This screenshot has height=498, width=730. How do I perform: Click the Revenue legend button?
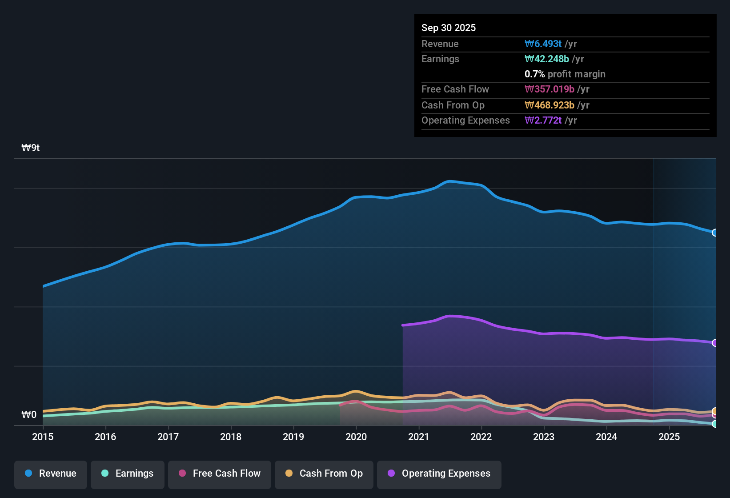coord(51,474)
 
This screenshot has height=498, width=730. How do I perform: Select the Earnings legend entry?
coord(128,474)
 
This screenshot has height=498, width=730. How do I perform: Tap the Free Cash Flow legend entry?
coord(220,474)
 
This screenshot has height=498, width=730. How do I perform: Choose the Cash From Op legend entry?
coord(324,474)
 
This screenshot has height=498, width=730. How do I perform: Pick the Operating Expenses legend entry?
coord(439,474)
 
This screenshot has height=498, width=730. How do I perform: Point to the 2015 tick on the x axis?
coord(43,437)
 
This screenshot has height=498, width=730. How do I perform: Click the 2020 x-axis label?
coord(356,437)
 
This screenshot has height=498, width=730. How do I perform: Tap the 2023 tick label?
coord(544,437)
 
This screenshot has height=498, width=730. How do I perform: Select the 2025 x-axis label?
coord(669,437)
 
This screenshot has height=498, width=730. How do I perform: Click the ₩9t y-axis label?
coord(31,148)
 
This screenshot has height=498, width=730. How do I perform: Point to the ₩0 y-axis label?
coord(29,415)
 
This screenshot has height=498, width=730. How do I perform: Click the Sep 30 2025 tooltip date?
coord(449,28)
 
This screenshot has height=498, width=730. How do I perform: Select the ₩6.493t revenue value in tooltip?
coord(543,44)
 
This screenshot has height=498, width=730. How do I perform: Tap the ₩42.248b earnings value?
coord(547,59)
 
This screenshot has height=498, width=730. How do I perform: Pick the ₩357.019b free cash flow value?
coord(550,89)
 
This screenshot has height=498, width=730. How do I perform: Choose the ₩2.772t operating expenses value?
coord(543,120)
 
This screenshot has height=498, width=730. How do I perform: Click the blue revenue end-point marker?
coord(714,233)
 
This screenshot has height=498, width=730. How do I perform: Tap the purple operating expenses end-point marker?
coord(714,343)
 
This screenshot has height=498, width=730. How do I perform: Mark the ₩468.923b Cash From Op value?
coord(550,105)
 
